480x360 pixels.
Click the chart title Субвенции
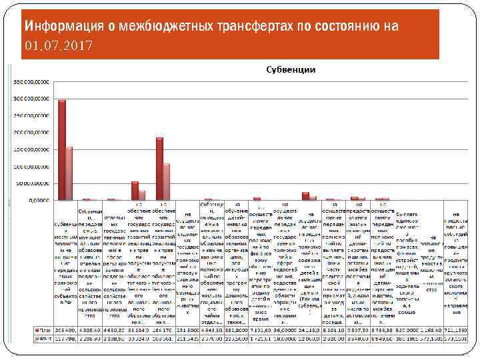[x=291, y=70]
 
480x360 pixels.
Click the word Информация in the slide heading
[x=64, y=26]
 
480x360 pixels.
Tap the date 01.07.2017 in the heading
[x=59, y=45]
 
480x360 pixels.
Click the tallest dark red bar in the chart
[x=62, y=150]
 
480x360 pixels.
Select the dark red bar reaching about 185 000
[x=159, y=168]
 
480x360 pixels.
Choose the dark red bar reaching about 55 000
[x=135, y=191]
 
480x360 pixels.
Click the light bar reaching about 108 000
[x=167, y=181]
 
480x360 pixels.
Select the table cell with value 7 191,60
[x=261, y=329]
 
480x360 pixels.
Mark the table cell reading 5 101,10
[x=335, y=329]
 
